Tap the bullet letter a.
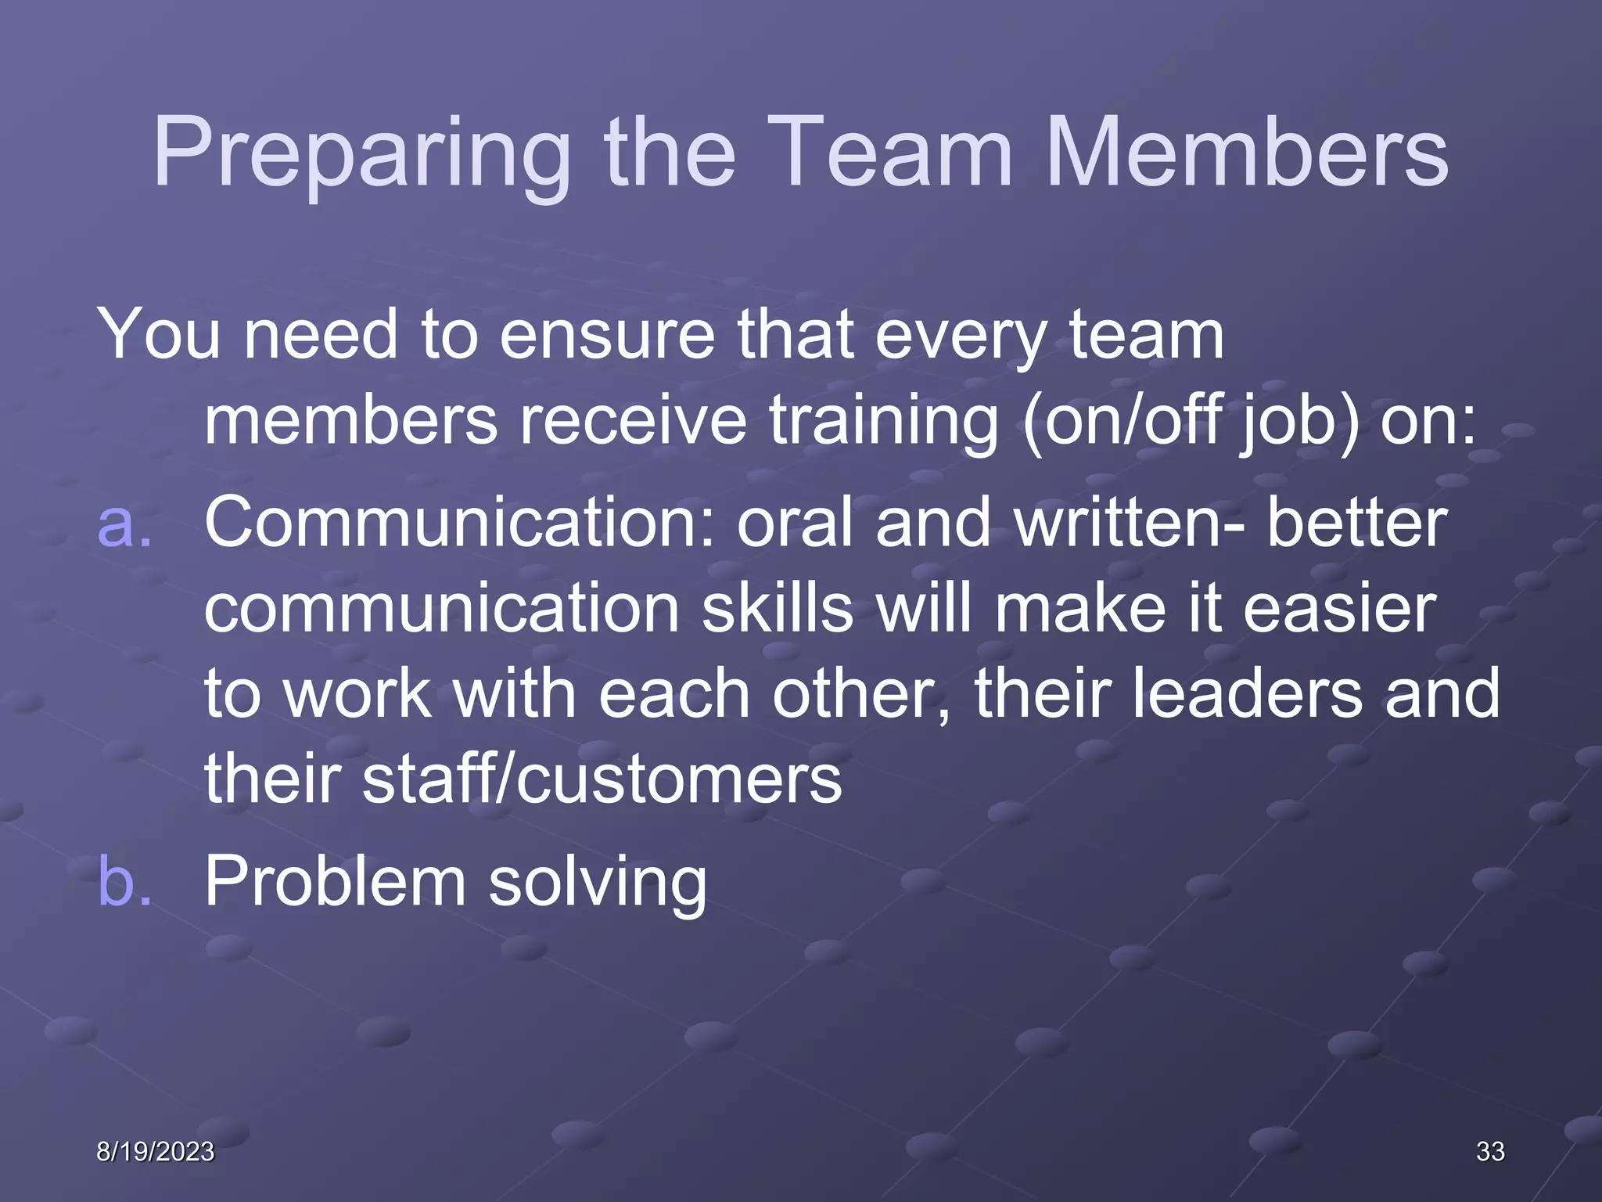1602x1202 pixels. (x=124, y=523)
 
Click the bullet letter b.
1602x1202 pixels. (x=124, y=881)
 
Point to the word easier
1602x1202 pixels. (x=1339, y=608)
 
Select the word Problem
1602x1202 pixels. (x=336, y=881)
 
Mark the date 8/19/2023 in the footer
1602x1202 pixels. (x=155, y=1151)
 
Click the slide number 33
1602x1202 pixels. (x=1490, y=1151)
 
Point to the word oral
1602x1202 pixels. (x=795, y=523)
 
